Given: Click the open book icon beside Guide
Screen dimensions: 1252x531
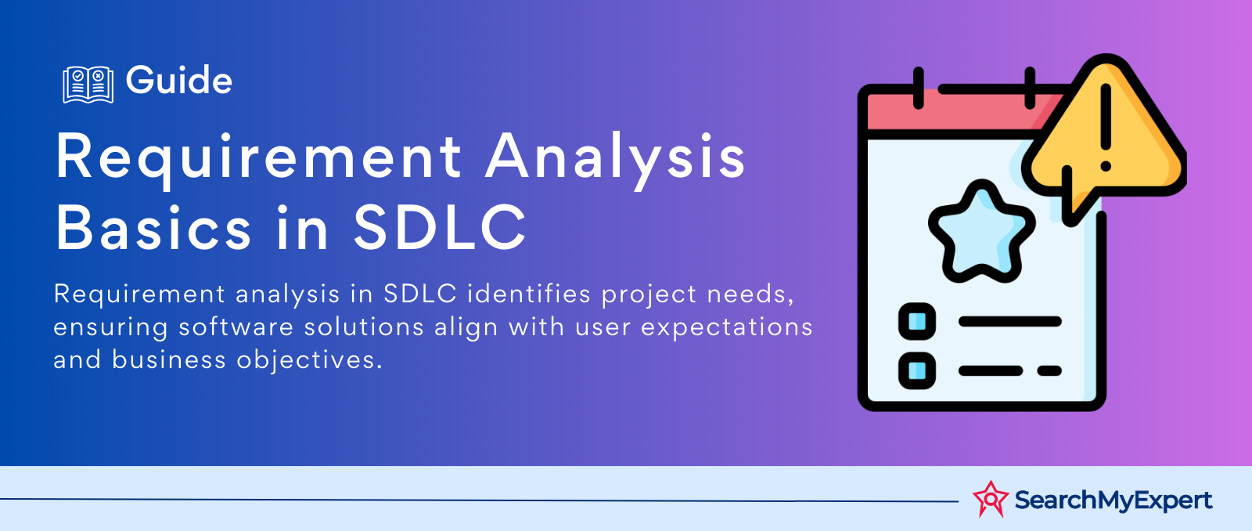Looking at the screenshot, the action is click(88, 85).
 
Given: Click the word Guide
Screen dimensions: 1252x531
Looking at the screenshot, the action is click(179, 80).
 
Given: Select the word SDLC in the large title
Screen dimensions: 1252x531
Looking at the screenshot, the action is click(440, 227).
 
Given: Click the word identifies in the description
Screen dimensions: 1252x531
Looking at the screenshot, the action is click(529, 293).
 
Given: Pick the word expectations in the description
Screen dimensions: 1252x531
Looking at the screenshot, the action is click(727, 327).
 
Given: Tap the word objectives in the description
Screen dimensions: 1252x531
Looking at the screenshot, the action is click(310, 359).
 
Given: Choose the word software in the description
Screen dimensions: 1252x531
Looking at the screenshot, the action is click(236, 327).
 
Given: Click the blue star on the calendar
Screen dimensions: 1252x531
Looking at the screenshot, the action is click(981, 231).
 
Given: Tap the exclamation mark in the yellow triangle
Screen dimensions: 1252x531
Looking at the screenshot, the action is click(1106, 127).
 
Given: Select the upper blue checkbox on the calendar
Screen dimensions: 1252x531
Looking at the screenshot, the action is click(916, 321).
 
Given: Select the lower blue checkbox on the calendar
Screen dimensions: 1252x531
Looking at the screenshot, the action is click(916, 370).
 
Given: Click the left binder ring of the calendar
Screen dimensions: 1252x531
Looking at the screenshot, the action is click(919, 88).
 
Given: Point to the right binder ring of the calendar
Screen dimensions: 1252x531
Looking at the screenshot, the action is click(1030, 88).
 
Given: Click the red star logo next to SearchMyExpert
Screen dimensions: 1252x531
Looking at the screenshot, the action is click(991, 499).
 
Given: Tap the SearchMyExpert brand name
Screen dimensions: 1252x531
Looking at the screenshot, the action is click(1113, 500).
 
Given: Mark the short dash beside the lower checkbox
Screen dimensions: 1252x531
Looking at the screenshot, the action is click(1049, 370).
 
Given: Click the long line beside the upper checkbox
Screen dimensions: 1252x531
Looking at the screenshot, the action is click(1010, 321).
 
